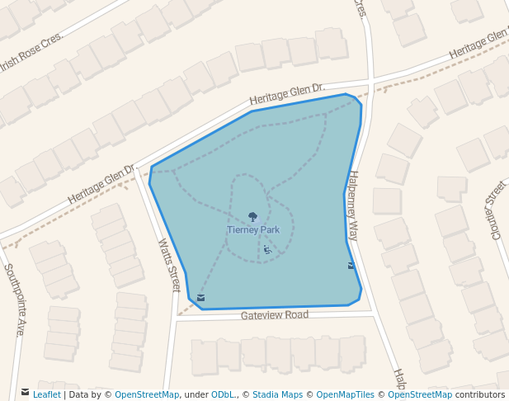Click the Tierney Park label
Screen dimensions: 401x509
[252, 229]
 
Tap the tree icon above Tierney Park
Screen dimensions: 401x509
[252, 218]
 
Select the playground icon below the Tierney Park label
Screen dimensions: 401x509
[266, 249]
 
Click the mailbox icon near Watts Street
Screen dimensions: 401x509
[200, 297]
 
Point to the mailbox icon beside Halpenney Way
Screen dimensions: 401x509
[351, 266]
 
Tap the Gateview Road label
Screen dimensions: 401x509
[275, 315]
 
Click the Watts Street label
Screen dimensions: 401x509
[168, 265]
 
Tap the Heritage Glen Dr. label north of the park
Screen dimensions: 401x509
[288, 95]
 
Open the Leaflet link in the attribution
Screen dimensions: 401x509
[46, 394]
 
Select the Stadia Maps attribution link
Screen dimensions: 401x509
[277, 394]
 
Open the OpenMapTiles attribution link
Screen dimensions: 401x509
[345, 394]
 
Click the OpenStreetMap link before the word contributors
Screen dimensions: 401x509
[420, 394]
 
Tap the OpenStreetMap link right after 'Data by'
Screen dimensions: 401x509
[147, 394]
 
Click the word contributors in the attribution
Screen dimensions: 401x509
[480, 394]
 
